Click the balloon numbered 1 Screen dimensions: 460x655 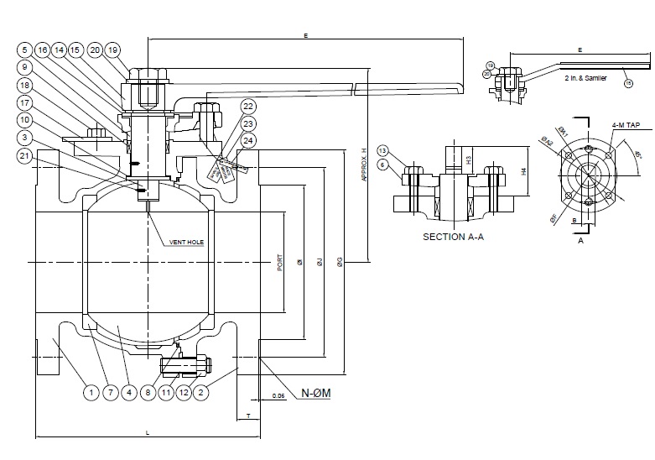click(x=88, y=391)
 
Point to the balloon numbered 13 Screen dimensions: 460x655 click(x=382, y=150)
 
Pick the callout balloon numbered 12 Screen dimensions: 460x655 click(x=185, y=391)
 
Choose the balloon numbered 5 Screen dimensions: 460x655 click(x=25, y=50)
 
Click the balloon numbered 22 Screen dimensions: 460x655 click(x=248, y=106)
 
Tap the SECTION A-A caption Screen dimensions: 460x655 click(x=455, y=237)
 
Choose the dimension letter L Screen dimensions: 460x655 click(x=148, y=432)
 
